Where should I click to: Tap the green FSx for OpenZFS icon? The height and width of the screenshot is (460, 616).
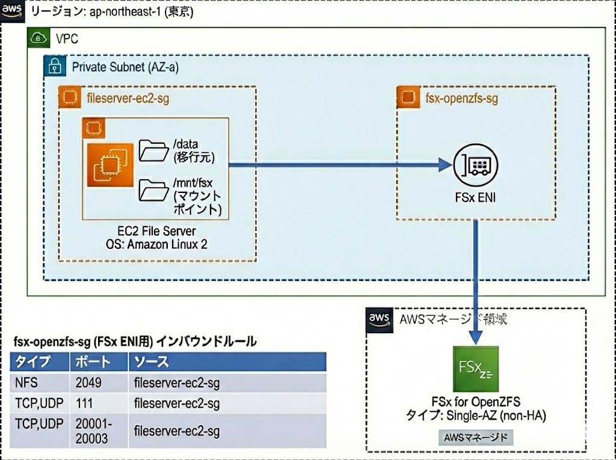[x=475, y=369]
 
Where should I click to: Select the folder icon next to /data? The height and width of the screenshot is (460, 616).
[x=153, y=150]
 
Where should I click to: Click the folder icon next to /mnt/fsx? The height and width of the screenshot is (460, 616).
[x=153, y=190]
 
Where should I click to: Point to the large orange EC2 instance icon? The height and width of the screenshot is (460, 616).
[x=109, y=165]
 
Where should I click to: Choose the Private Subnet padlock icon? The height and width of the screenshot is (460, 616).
[x=55, y=67]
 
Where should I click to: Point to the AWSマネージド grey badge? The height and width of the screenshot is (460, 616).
[x=476, y=436]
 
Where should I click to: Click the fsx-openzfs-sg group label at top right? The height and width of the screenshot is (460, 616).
[x=461, y=98]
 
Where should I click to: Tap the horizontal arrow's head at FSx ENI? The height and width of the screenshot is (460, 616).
[x=445, y=165]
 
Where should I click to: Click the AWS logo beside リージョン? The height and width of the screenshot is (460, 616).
[x=12, y=11]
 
